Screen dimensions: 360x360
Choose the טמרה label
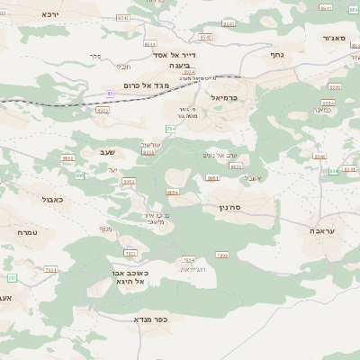click(x=27, y=232)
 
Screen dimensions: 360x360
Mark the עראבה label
click(x=332, y=231)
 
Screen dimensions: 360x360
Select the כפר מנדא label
click(x=151, y=319)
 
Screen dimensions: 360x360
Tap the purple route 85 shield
click(x=110, y=93)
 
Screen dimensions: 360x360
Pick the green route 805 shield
click(x=79, y=175)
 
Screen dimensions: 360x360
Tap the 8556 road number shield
click(x=334, y=87)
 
